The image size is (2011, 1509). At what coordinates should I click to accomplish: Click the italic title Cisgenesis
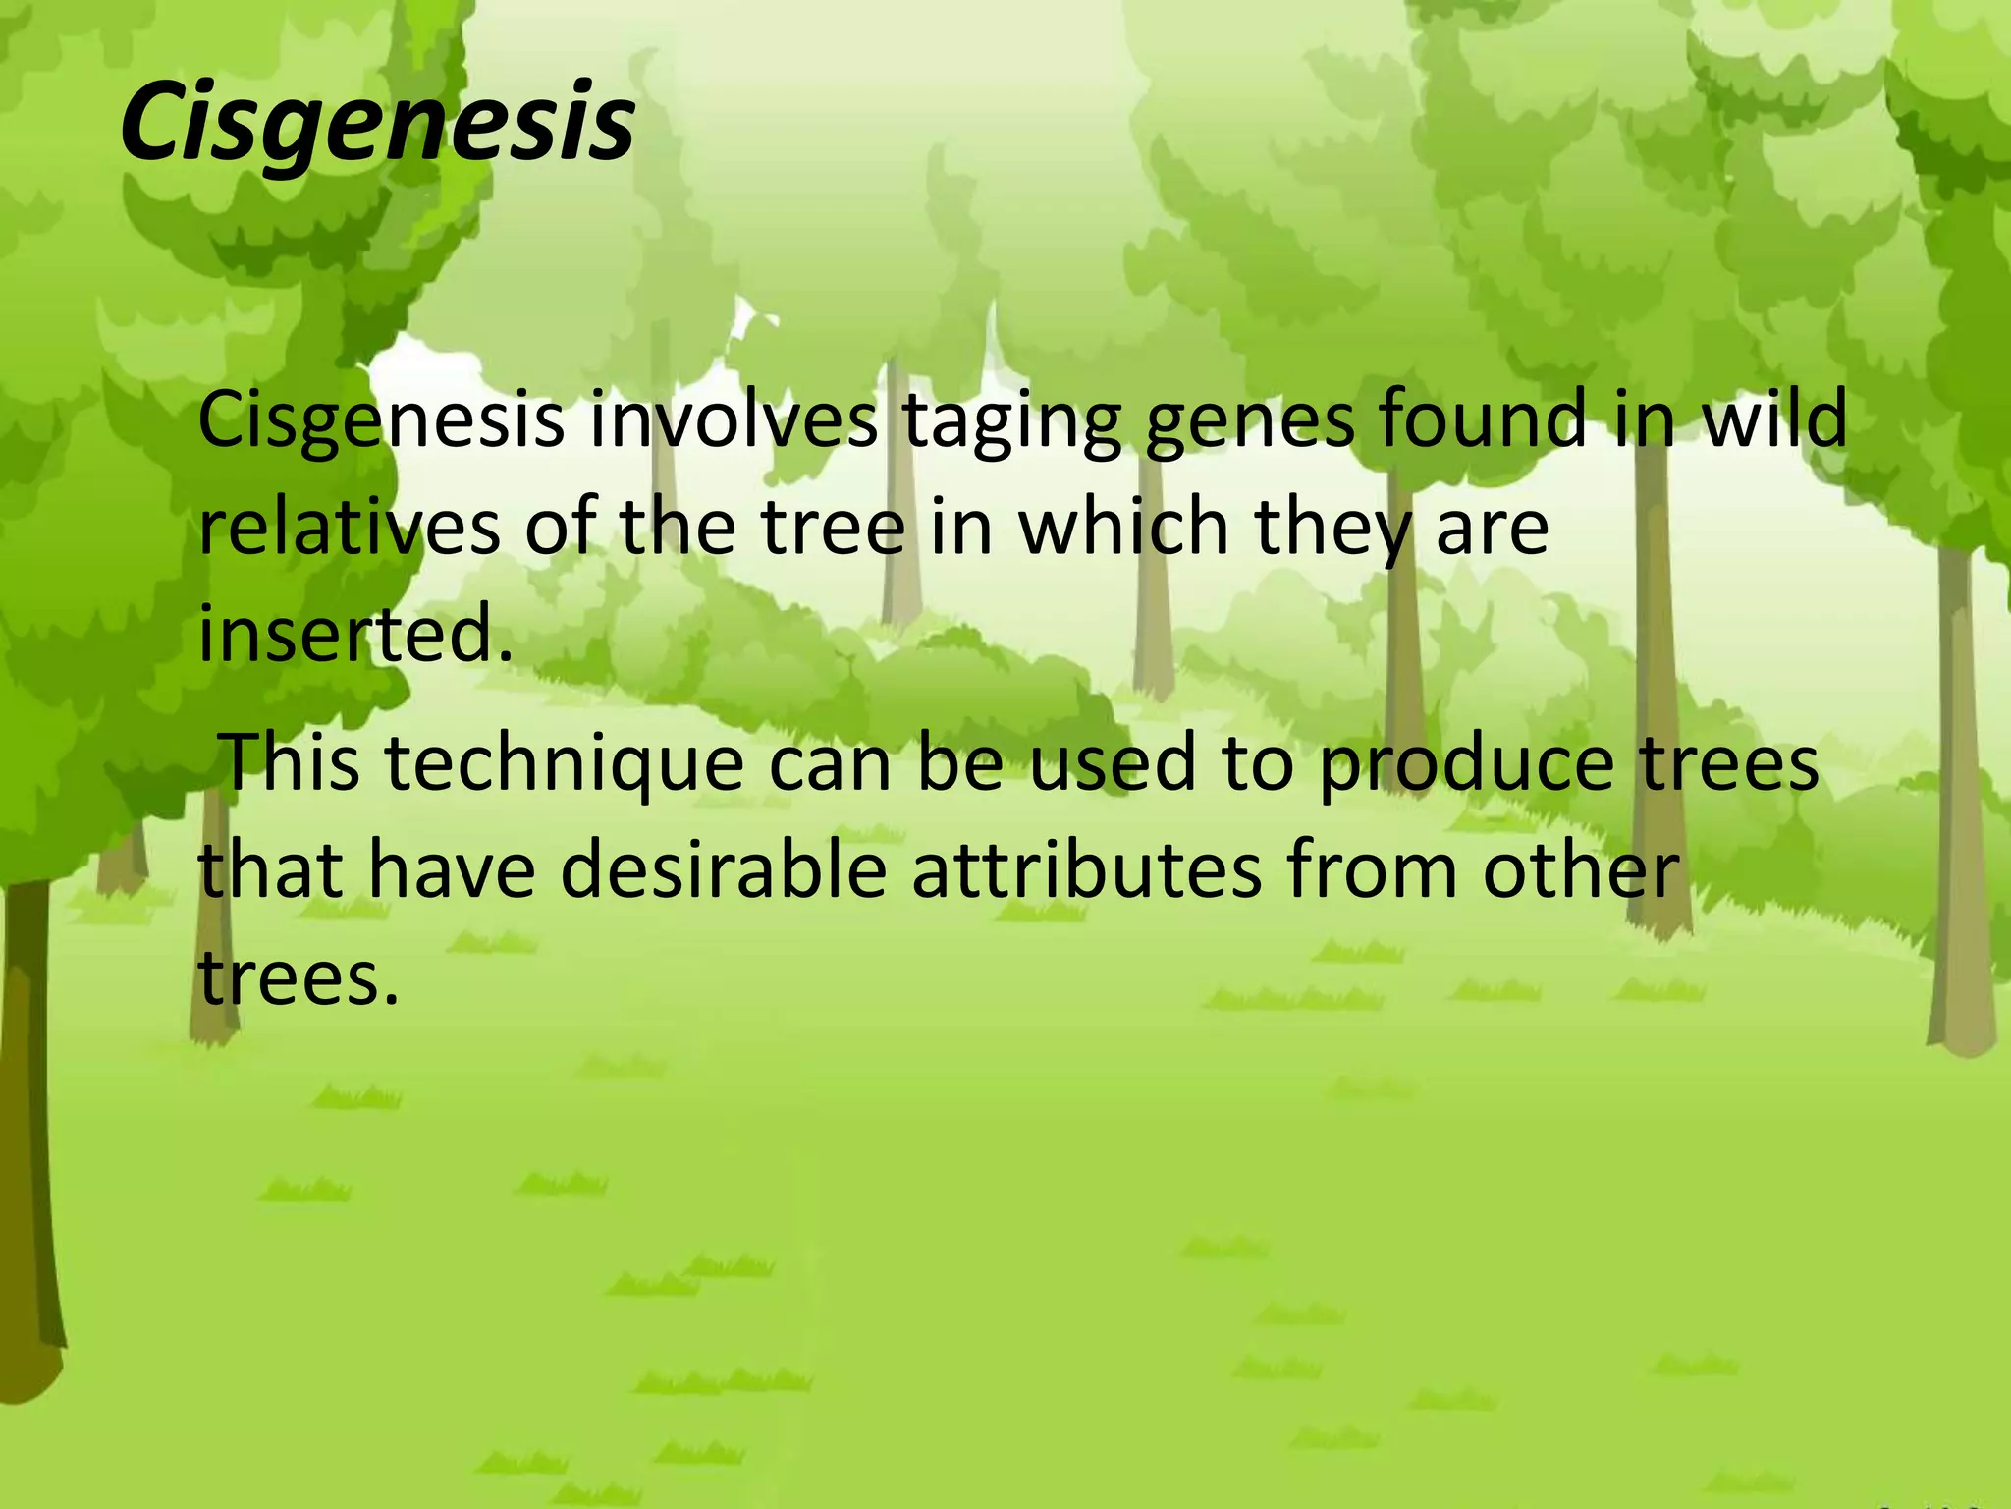pos(377,124)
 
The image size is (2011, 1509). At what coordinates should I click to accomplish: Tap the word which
pos(1123,528)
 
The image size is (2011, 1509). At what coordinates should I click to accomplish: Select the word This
pos(292,762)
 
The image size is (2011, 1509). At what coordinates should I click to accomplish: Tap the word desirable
pos(724,871)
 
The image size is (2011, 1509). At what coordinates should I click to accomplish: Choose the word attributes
pos(1086,871)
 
